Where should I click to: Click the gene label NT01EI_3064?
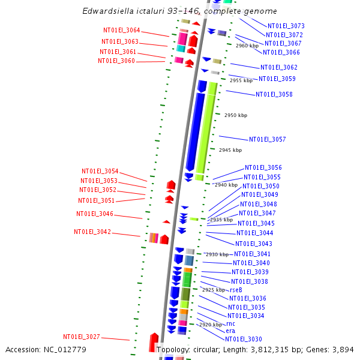click(x=121, y=31)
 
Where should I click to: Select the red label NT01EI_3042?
click(x=92, y=232)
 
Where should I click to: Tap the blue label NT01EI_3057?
click(x=268, y=139)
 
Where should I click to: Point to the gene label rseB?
click(x=236, y=290)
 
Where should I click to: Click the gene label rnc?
click(x=230, y=323)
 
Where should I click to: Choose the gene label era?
click(x=230, y=331)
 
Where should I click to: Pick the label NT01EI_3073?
click(x=286, y=26)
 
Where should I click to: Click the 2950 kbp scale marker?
click(x=235, y=115)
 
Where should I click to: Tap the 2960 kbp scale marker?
click(x=247, y=46)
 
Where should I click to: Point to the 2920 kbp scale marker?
click(x=210, y=325)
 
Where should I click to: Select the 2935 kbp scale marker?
click(x=221, y=220)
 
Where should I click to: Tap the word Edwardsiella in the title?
click(x=110, y=11)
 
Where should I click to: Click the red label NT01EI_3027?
click(x=82, y=337)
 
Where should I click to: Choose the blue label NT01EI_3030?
click(x=244, y=339)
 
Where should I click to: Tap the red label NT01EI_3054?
click(x=100, y=171)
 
